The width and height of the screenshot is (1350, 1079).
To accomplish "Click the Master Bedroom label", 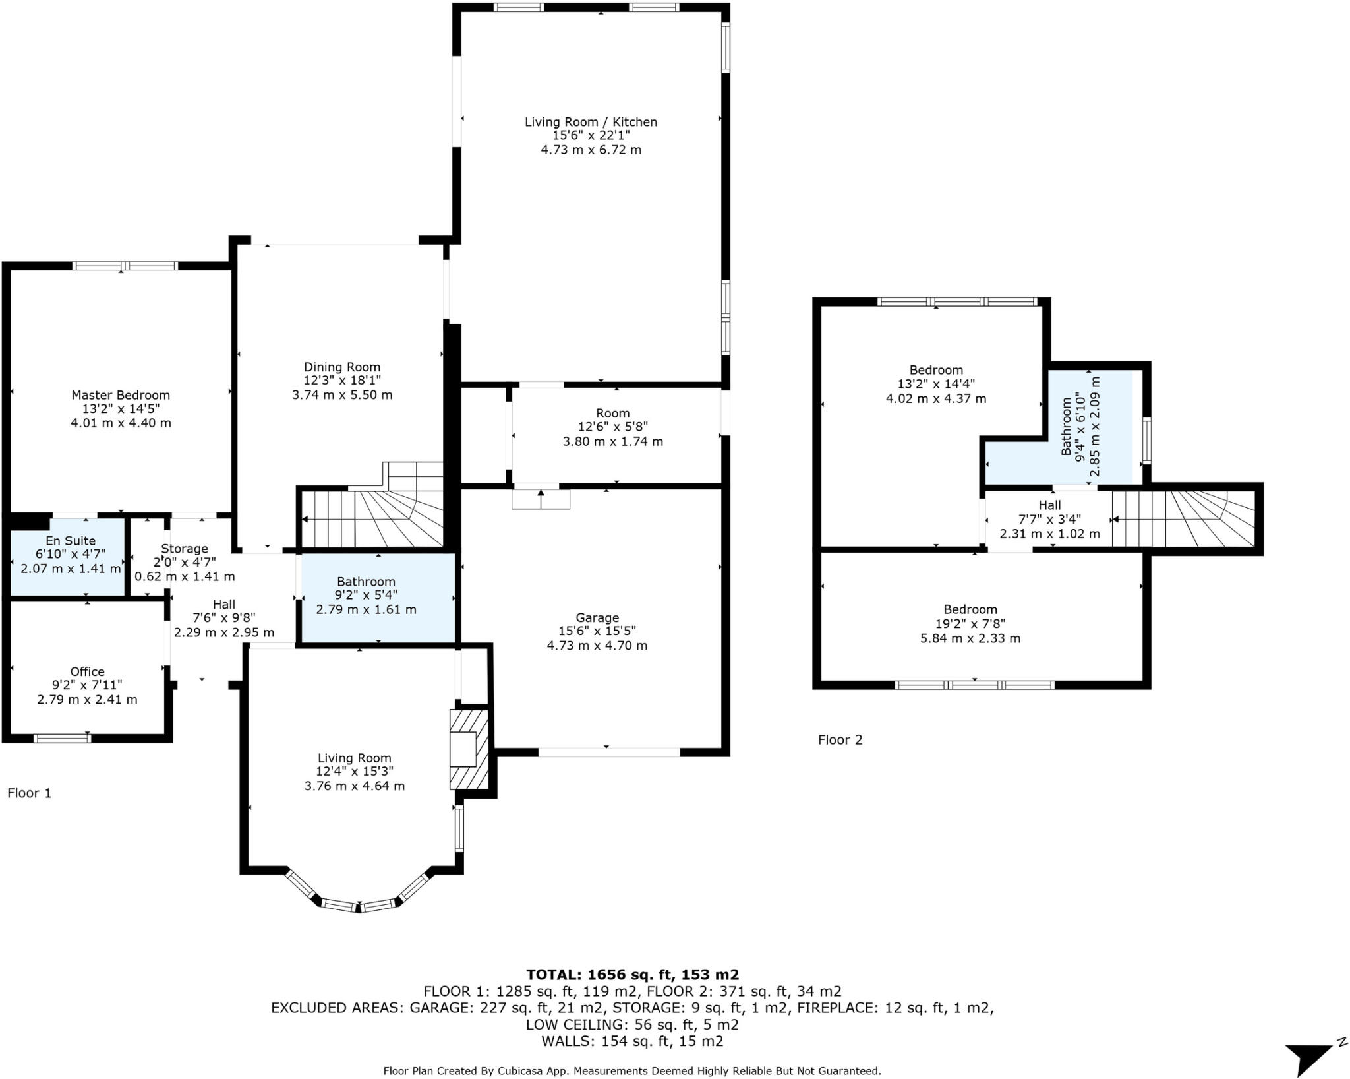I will (121, 395).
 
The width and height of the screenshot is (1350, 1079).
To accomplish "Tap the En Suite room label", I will (71, 541).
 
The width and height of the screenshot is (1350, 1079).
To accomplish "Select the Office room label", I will (87, 671).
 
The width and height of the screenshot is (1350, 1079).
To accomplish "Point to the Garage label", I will (597, 617).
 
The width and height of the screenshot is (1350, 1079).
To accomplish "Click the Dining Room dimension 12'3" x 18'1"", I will (342, 381).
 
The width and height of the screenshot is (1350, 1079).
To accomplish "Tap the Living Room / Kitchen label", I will (591, 122).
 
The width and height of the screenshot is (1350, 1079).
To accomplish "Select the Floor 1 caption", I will (29, 793).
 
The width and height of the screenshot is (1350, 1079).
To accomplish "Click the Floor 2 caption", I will (840, 739).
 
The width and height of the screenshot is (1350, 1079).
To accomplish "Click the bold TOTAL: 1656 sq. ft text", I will (632, 974).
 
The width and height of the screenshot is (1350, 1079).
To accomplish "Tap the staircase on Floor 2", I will (1183, 518).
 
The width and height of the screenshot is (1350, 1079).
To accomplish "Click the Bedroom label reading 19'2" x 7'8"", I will (970, 623).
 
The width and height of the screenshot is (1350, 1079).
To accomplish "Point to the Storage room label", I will (185, 548).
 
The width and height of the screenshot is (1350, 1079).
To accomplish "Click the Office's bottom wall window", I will (63, 738).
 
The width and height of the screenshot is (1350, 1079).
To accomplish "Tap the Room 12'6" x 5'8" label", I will (612, 414).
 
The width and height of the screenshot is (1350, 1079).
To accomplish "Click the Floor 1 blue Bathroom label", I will (366, 581).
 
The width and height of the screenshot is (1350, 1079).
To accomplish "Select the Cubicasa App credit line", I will (632, 1071).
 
